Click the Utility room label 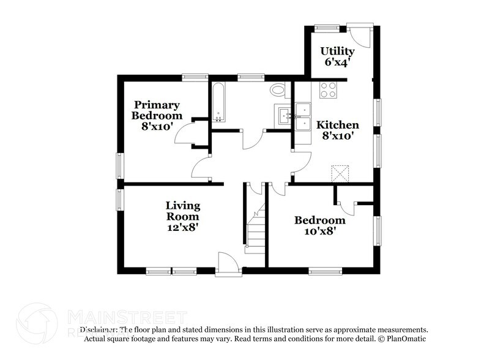pos(338,51)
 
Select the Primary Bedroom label pos(158,110)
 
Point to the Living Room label pos(183,211)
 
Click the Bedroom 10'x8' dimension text pos(319,231)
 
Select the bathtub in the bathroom pos(219,103)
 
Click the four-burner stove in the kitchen pos(329,90)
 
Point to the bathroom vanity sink pos(283,114)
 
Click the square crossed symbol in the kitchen pos(338,173)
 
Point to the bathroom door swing pos(251,139)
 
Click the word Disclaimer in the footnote pos(100,329)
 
